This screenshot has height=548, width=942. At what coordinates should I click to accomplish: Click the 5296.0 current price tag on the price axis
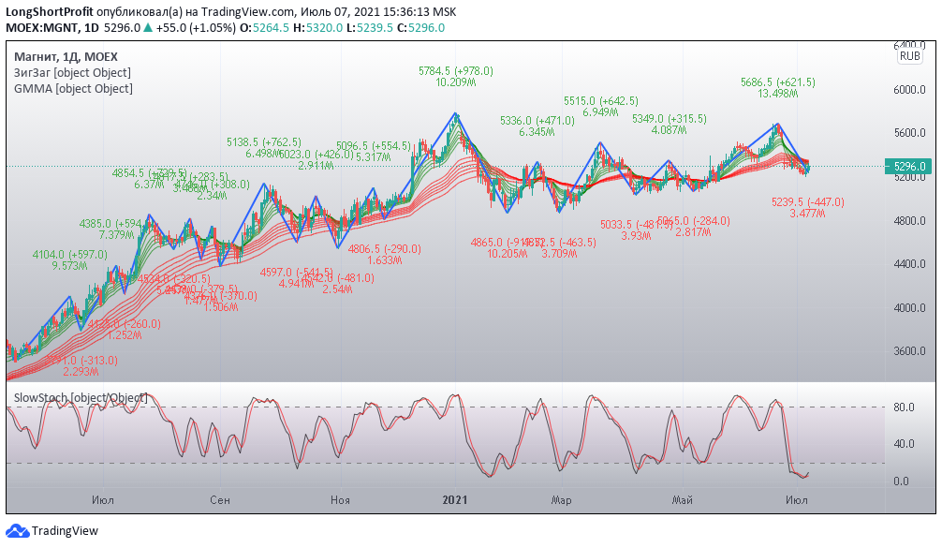pyautogui.click(x=909, y=167)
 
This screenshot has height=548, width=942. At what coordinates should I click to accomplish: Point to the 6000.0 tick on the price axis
pyautogui.click(x=908, y=90)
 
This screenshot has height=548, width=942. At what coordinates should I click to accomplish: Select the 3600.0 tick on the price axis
pyautogui.click(x=908, y=351)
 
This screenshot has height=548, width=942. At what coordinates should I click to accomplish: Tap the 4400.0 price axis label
pyautogui.click(x=908, y=264)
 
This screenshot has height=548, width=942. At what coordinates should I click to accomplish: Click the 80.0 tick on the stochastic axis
pyautogui.click(x=903, y=407)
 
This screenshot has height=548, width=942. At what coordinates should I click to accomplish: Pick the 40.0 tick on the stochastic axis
pyautogui.click(x=903, y=445)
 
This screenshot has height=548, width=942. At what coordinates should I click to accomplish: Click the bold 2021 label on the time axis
pyautogui.click(x=455, y=500)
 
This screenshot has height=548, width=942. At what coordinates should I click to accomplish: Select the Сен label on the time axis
pyautogui.click(x=220, y=500)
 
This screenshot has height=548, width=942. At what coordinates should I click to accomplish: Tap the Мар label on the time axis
pyautogui.click(x=561, y=500)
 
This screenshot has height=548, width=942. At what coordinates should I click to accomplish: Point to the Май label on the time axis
pyautogui.click(x=683, y=500)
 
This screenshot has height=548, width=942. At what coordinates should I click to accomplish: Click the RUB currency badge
pyautogui.click(x=909, y=56)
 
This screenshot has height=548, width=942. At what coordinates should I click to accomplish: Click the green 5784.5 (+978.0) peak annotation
pyautogui.click(x=455, y=70)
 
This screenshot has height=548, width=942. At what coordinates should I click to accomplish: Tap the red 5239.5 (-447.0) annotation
pyautogui.click(x=807, y=201)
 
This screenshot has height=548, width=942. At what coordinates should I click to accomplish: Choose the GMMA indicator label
pyautogui.click(x=73, y=89)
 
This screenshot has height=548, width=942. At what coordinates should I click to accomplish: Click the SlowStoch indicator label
pyautogui.click(x=81, y=398)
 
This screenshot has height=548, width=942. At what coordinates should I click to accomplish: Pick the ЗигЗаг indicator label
pyautogui.click(x=72, y=73)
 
